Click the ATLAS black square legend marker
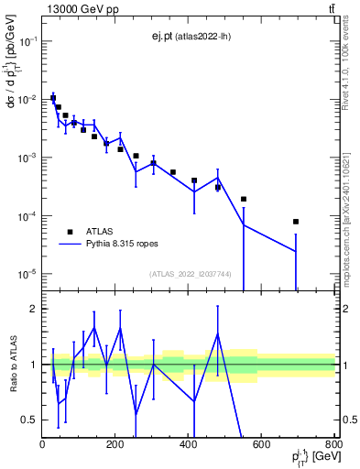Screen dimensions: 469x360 click(71, 233)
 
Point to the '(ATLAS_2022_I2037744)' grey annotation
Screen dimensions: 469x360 click(190, 274)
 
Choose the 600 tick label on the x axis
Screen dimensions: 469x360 click(262, 444)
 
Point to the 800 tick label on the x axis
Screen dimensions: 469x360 click(333, 444)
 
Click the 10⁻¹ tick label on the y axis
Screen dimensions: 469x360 click(27, 42)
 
